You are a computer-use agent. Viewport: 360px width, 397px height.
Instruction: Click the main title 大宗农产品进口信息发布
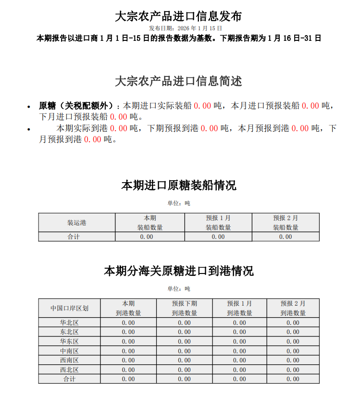pos(178,16)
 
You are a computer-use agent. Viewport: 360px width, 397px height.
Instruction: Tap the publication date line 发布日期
pos(178,29)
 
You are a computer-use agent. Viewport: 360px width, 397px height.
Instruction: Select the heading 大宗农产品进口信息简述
pos(178,81)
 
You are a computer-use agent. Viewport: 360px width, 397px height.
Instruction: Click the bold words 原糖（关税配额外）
pos(77,106)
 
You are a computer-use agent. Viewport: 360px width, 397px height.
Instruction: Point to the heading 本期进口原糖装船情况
pos(178,186)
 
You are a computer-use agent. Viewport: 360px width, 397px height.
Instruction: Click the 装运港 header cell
pos(77,223)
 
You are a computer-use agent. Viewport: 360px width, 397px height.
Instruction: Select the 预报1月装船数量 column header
pos(218,223)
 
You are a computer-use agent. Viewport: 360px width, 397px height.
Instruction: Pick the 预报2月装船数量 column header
pos(286,223)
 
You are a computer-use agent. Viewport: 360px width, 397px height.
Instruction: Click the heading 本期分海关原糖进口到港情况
pos(178,271)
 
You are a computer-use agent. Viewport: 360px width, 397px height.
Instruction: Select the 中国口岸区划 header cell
pos(70,308)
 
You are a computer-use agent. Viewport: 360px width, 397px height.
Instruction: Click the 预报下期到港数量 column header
pos(185,308)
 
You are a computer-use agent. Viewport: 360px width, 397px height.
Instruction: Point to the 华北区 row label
pos(70,323)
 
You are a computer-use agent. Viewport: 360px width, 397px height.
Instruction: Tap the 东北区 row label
pos(70,332)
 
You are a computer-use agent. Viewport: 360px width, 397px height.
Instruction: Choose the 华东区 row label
pos(70,341)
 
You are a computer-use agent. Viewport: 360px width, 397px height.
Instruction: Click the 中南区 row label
pos(70,351)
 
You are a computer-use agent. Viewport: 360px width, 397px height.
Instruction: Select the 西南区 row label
pos(70,360)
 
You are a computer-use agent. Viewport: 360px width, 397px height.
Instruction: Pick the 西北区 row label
pos(70,370)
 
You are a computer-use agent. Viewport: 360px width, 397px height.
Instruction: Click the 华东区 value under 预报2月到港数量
pos(293,341)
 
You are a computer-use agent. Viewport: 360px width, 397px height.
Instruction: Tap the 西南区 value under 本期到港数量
pos(128,360)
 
